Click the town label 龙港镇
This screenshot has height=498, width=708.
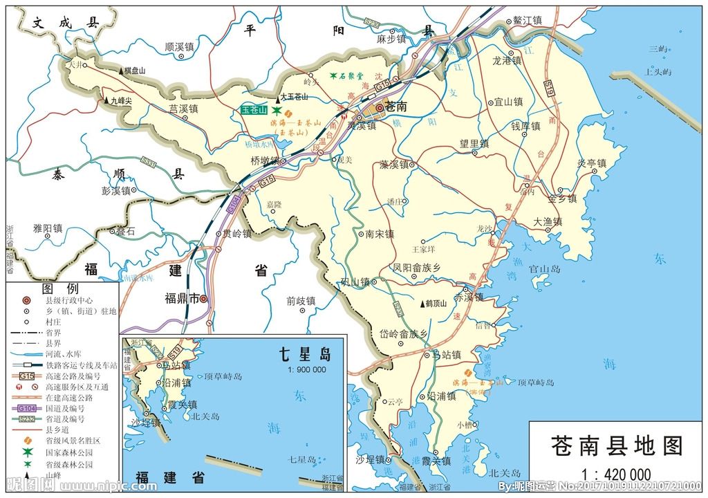510,60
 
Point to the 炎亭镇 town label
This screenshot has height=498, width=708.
592,163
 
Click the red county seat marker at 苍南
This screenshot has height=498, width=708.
380,107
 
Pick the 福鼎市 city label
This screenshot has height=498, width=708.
181,298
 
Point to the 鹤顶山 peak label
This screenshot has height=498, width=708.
437,304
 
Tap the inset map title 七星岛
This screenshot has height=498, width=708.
304,356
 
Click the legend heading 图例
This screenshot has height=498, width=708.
60,288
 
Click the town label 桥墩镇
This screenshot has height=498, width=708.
264,160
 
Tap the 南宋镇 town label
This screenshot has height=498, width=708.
379,234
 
